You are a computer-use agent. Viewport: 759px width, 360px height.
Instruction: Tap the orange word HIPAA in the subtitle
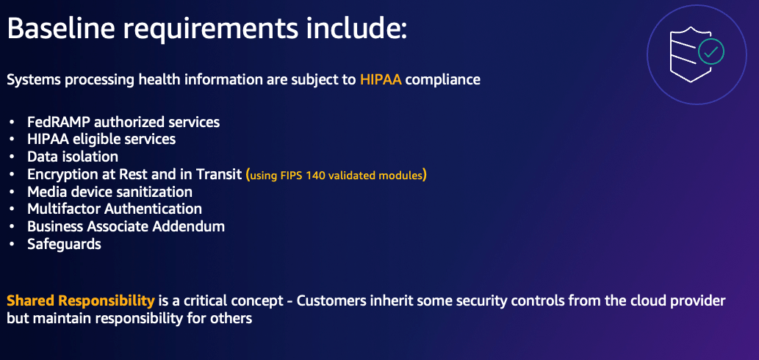tap(381, 80)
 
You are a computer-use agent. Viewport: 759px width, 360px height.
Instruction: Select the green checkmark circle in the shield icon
tap(711, 51)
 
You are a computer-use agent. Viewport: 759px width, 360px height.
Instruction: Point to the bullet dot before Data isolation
tap(12, 157)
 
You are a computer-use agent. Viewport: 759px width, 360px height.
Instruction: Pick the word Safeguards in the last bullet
tap(65, 245)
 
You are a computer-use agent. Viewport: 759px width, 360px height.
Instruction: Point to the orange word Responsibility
tap(107, 302)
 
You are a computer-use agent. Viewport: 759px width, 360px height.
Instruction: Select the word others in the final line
tap(231, 320)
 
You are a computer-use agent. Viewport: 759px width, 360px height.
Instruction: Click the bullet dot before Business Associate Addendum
tap(12, 227)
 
